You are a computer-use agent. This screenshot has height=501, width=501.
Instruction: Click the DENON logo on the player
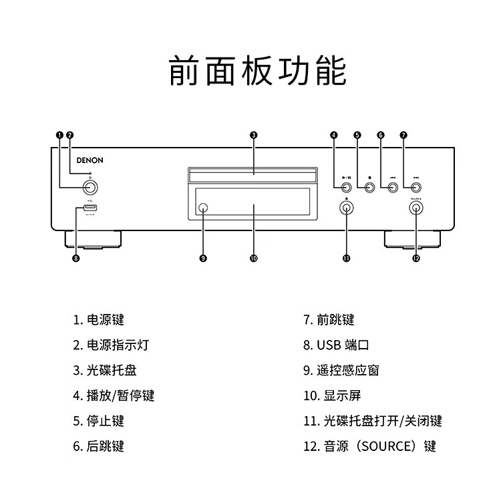point(90,160)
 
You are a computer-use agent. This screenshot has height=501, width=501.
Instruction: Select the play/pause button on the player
point(346,188)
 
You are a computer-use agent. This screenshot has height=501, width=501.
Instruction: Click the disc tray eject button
point(346,208)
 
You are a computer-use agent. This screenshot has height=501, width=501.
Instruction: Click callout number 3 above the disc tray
point(253,135)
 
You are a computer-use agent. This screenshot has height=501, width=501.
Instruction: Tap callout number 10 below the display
point(253,259)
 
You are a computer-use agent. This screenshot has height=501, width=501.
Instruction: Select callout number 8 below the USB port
point(76,259)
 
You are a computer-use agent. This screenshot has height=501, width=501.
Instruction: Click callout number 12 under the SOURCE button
point(416,259)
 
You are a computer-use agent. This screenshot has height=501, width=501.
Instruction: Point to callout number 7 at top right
point(403,135)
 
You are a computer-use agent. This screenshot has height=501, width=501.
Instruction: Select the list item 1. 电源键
point(99,320)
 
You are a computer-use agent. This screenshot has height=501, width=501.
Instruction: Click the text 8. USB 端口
point(336,345)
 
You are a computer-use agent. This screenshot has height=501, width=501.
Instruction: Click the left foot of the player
point(94,238)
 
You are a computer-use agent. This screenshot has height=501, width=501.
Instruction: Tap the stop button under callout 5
point(369,188)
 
